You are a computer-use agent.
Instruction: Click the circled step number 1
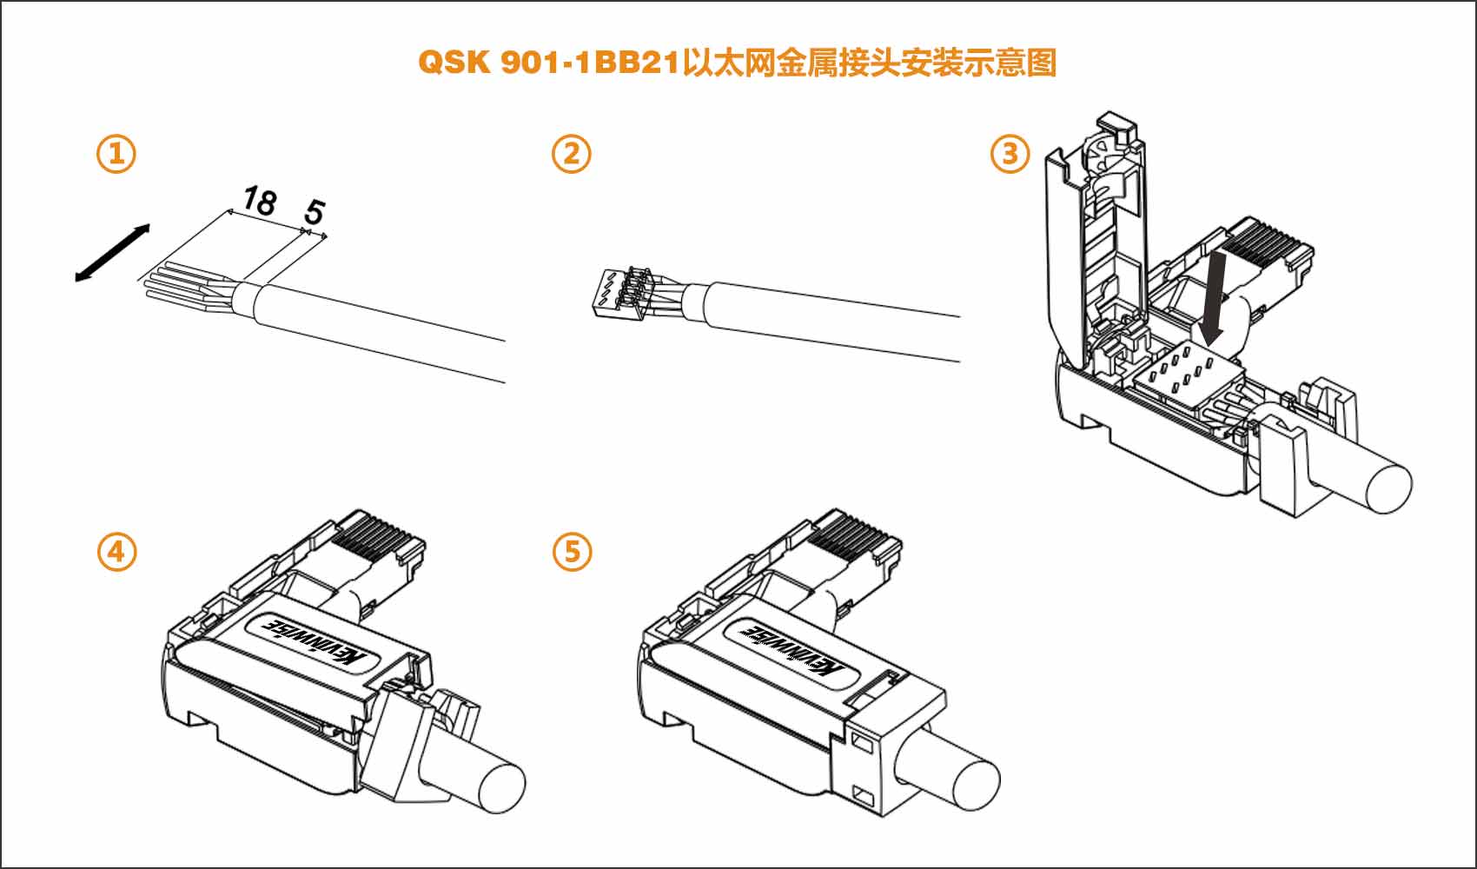pyautogui.click(x=116, y=154)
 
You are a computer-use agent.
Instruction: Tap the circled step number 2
pyautogui.click(x=571, y=154)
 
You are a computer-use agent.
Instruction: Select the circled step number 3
pyautogui.click(x=1010, y=154)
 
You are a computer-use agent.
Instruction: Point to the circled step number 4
pyautogui.click(x=116, y=551)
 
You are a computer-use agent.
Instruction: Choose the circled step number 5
pyautogui.click(x=571, y=551)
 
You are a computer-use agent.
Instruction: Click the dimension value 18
pyautogui.click(x=259, y=202)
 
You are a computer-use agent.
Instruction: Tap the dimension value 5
pyautogui.click(x=314, y=211)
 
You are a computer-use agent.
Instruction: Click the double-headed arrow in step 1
pyautogui.click(x=112, y=252)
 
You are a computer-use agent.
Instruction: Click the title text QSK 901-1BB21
pyautogui.click(x=547, y=63)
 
